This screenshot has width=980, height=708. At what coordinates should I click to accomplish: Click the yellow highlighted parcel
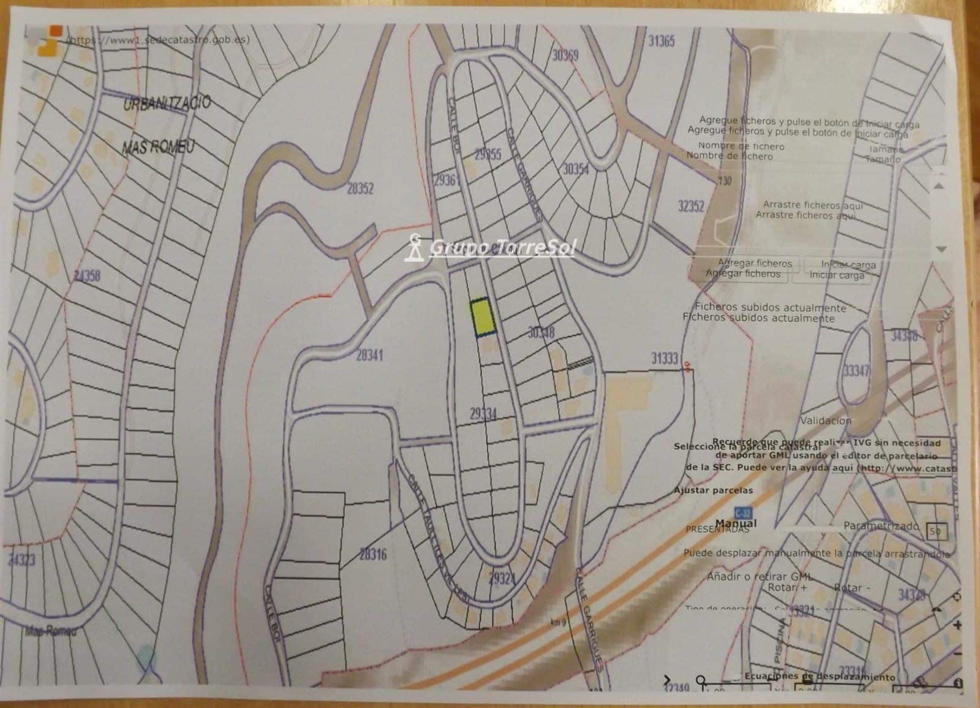click(483, 317)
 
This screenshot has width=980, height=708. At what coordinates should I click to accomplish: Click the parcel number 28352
click(360, 189)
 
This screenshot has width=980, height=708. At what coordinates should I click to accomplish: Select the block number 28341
click(369, 355)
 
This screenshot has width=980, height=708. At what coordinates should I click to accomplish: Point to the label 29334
click(483, 414)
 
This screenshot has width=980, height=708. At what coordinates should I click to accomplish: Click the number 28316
click(372, 555)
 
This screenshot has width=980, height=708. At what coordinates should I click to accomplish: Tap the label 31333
click(665, 358)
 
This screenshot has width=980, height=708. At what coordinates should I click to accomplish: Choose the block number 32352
click(691, 206)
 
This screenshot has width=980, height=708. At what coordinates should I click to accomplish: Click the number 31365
click(661, 41)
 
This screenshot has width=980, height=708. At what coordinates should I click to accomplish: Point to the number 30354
click(576, 169)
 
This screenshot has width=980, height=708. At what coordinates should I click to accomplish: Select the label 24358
click(86, 276)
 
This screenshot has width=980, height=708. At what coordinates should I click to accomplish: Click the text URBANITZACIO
click(167, 102)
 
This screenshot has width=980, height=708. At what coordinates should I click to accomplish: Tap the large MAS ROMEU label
click(159, 147)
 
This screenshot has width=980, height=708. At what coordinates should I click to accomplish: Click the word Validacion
click(826, 421)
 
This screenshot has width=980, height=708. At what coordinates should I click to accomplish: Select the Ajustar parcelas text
click(713, 490)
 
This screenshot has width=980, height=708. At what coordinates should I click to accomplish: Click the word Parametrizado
click(881, 526)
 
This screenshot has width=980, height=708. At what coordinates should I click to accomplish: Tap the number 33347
click(856, 371)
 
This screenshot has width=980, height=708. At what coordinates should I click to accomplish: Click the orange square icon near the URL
click(55, 30)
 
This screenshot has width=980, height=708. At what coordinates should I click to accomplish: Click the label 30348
click(541, 333)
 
